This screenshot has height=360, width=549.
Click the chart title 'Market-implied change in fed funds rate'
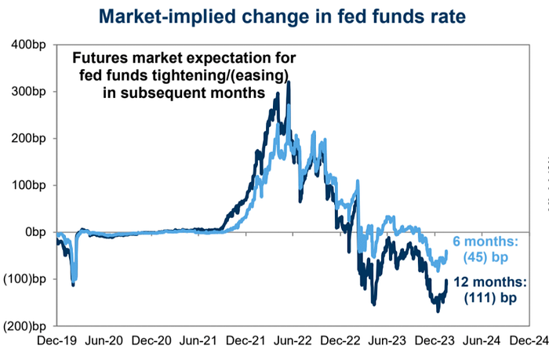(x=274, y=16)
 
